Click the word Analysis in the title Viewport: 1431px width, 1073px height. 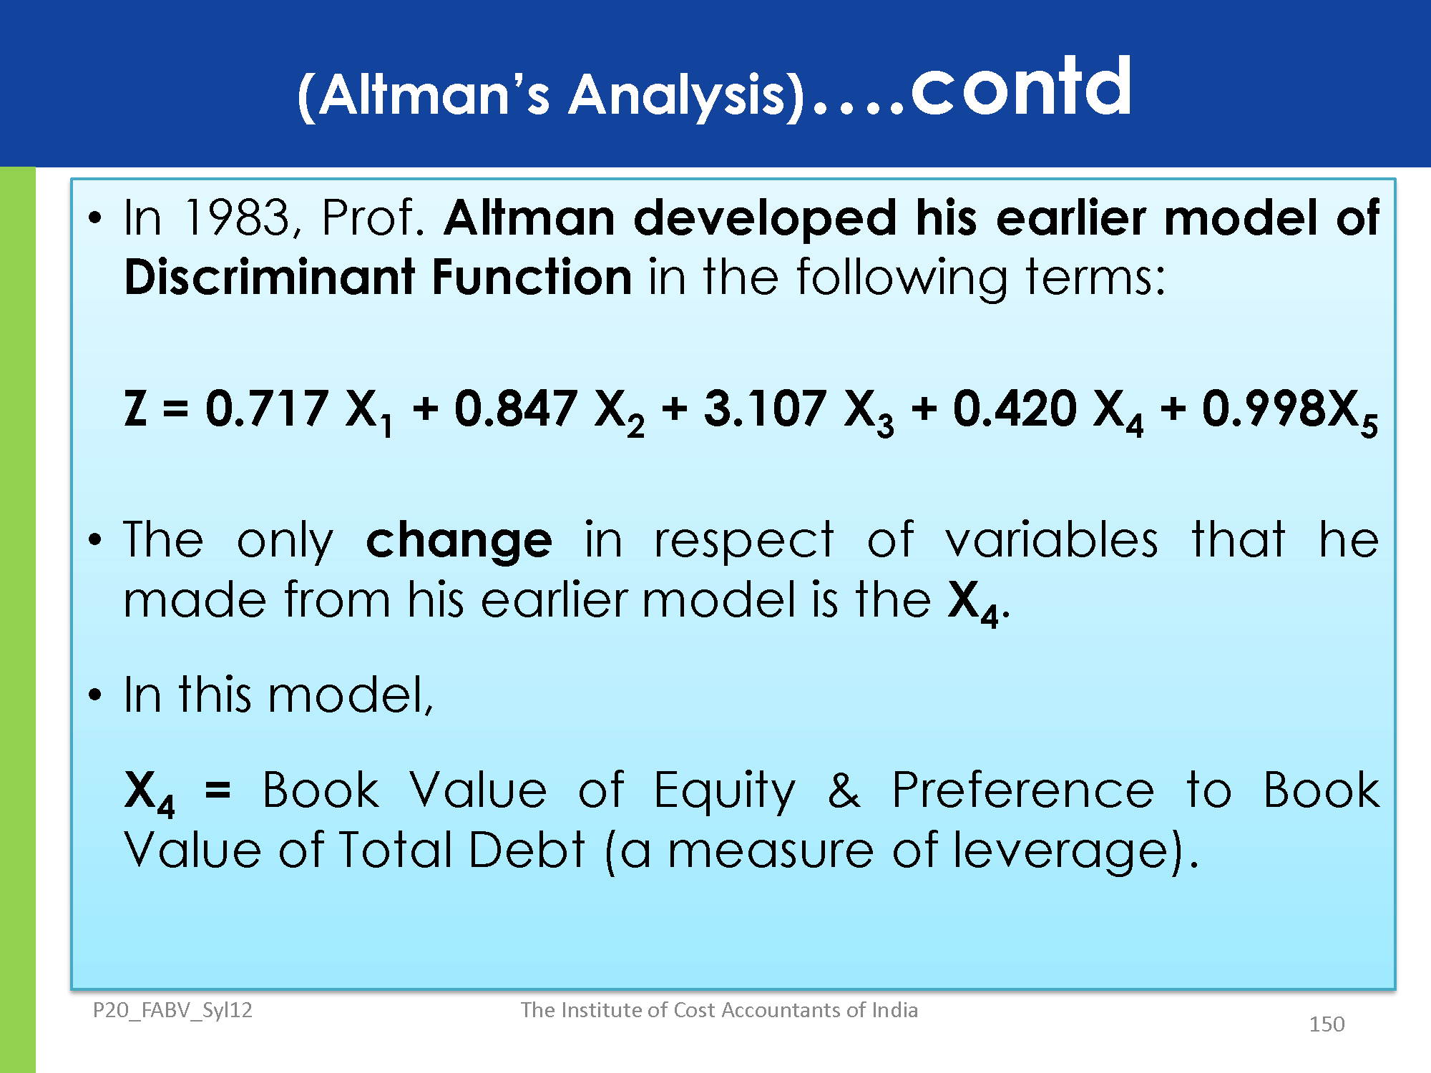[x=678, y=95]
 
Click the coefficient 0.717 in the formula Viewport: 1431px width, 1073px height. [x=266, y=408]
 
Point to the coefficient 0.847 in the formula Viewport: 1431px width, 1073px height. [x=515, y=408]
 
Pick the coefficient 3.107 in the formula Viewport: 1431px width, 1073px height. [x=765, y=408]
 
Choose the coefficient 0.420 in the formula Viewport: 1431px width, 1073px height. [x=1015, y=408]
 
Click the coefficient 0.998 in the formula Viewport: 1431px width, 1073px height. [x=1264, y=408]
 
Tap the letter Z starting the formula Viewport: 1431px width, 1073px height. [x=136, y=408]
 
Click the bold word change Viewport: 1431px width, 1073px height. [x=459, y=542]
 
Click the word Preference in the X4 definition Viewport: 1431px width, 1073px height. [x=1022, y=790]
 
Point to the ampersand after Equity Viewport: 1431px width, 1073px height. [x=844, y=790]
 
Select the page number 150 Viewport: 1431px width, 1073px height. [x=1327, y=1024]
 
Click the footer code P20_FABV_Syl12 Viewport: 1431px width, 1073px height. [x=172, y=1010]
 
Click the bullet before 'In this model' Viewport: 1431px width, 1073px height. [x=95, y=695]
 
